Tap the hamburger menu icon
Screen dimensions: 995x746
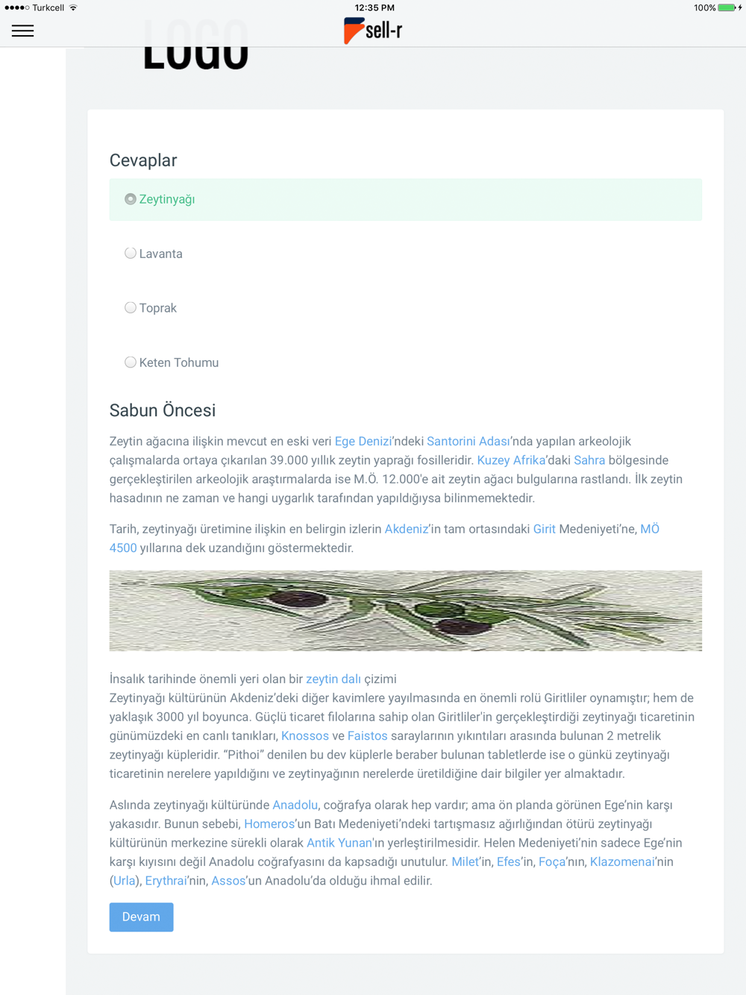coord(22,31)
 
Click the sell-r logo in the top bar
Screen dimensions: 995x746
coord(373,31)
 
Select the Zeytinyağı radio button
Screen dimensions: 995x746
coord(131,199)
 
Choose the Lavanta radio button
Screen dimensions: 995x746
coord(131,254)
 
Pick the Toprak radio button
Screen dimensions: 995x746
coord(131,308)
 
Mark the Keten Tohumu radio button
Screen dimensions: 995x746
coord(131,362)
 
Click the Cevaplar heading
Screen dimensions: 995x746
coord(143,160)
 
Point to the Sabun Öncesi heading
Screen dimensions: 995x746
coord(163,410)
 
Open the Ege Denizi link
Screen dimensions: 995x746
coord(363,442)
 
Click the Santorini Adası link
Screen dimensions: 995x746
coord(468,442)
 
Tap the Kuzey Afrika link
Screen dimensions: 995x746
coord(511,460)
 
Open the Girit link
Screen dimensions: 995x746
coord(544,529)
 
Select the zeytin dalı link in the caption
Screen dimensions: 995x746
coord(333,679)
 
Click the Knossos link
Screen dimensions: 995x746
coord(304,735)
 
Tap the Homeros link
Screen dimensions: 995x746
coord(269,824)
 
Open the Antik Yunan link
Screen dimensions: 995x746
coord(339,843)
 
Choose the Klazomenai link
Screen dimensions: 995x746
coord(622,861)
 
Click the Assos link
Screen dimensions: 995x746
coord(228,881)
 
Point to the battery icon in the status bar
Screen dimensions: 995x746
coord(726,7)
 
